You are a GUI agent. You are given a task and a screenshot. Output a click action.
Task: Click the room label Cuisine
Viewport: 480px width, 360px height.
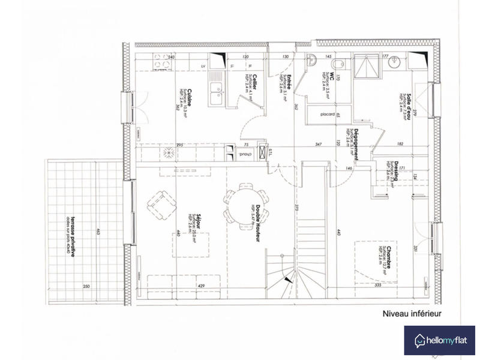click(x=189, y=96)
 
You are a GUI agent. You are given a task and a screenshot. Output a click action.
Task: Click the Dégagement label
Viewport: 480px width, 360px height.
click(x=356, y=143)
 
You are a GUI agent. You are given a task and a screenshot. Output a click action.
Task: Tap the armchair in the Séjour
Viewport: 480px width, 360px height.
click(x=161, y=203)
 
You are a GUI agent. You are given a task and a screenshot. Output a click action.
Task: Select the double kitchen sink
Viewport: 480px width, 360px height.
click(x=215, y=96)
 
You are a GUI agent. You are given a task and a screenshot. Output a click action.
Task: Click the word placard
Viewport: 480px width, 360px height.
click(x=327, y=114)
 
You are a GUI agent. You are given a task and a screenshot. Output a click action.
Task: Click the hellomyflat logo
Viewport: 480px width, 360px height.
click(x=439, y=340)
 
